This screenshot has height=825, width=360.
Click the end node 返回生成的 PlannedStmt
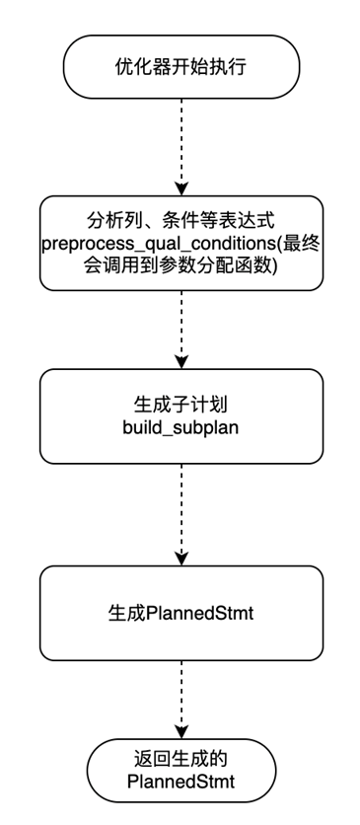pos(181,777)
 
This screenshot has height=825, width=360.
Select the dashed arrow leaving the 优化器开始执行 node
pos(181,148)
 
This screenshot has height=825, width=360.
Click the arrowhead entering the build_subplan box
pos(181,361)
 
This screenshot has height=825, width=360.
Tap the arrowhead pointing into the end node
pos(181,731)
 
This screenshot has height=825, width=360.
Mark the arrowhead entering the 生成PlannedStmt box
pos(181,559)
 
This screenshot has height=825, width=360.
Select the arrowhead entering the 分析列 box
pos(181,187)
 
